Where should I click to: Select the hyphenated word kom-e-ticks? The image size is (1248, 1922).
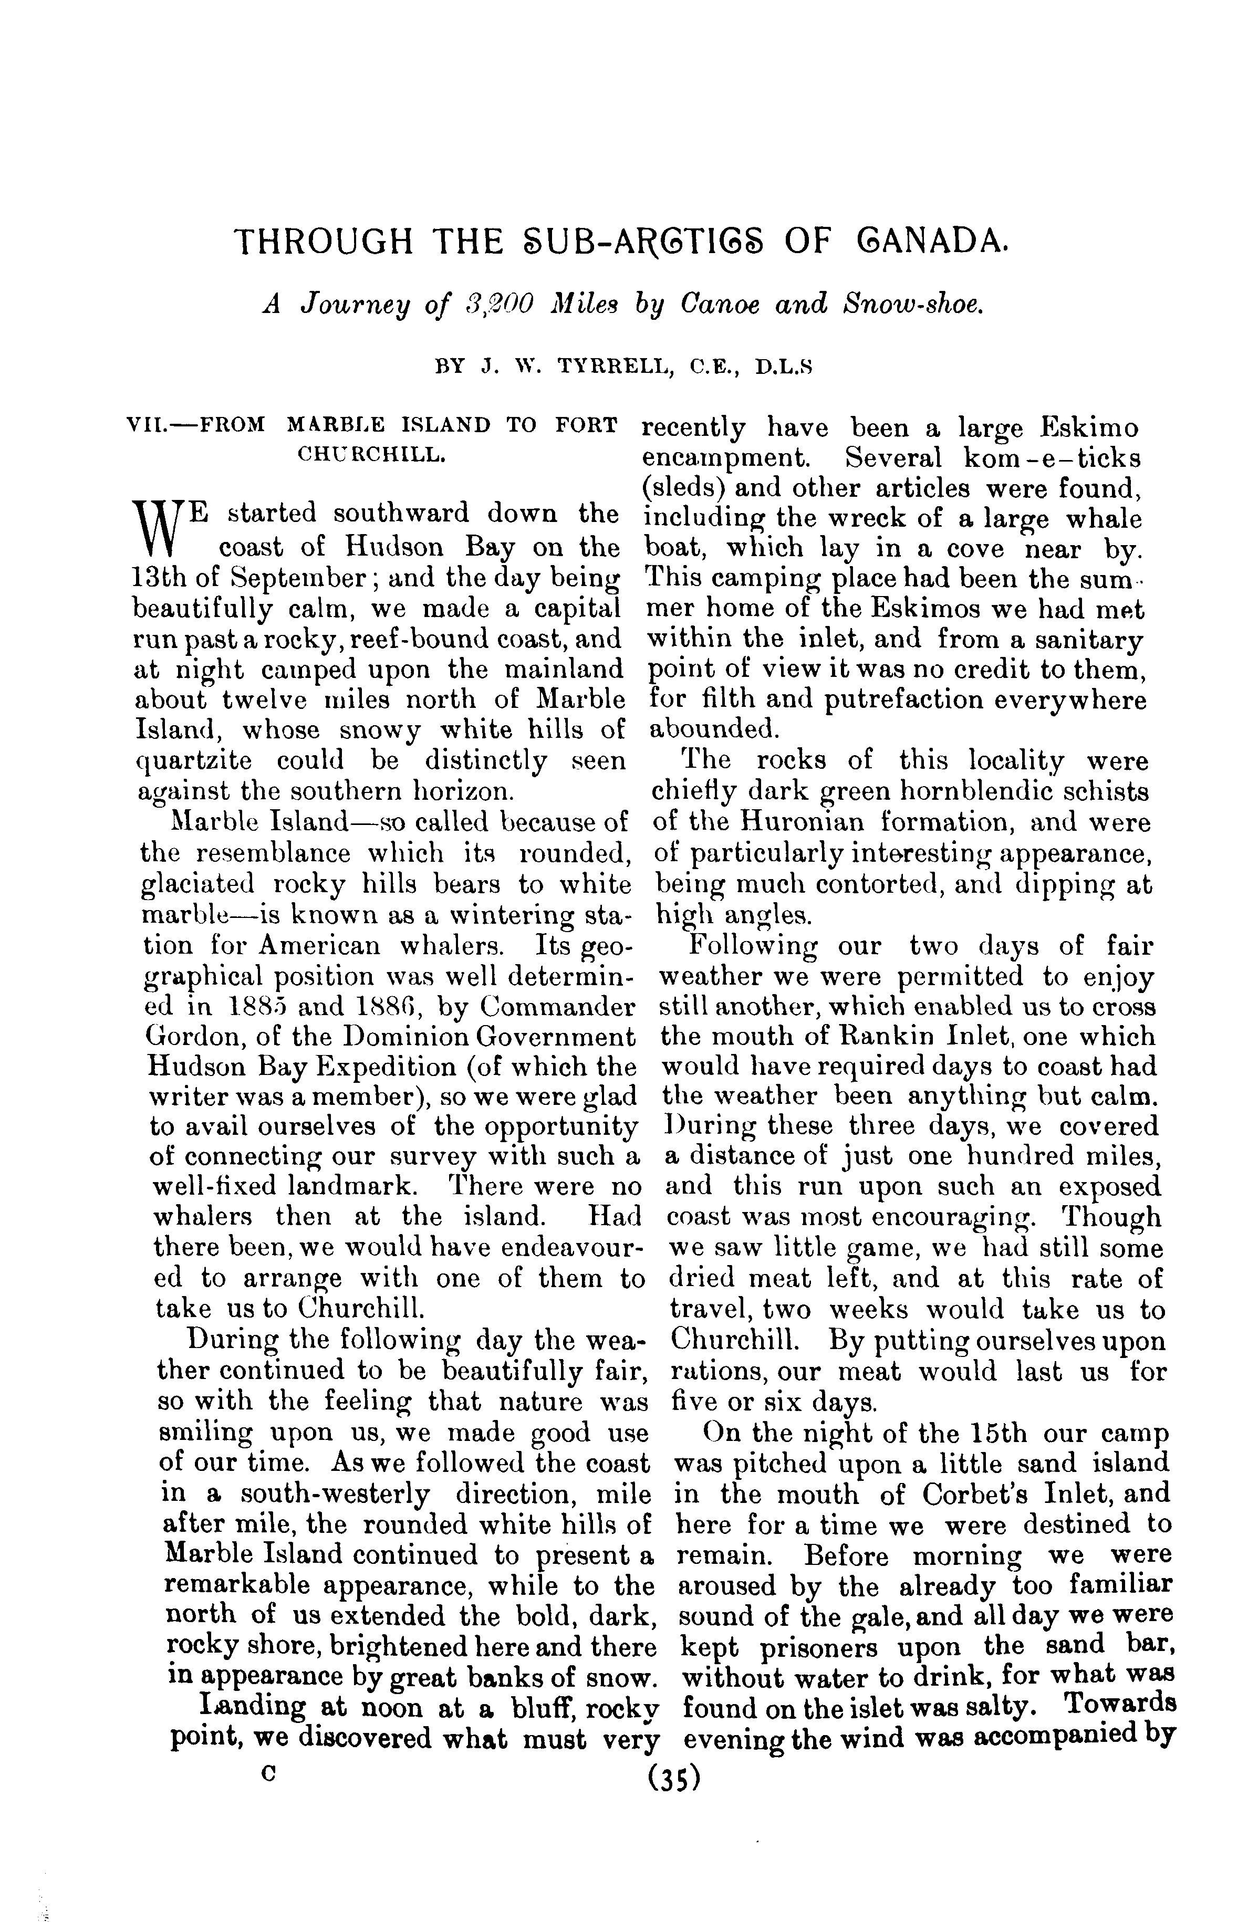point(1053,458)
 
